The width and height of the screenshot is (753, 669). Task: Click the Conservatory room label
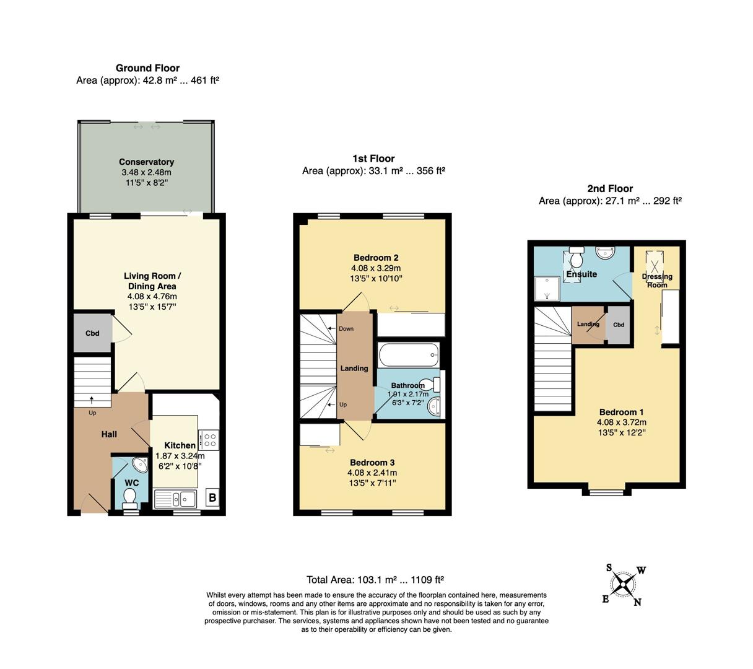coord(146,162)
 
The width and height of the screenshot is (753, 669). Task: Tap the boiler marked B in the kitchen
coord(212,497)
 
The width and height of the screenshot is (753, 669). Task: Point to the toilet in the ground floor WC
coord(130,496)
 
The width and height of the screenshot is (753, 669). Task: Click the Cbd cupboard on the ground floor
coord(92,333)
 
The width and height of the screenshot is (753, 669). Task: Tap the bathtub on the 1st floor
coord(407,356)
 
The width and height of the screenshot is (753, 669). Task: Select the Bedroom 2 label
coord(375,258)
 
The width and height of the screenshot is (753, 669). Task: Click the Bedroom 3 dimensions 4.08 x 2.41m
coord(372,473)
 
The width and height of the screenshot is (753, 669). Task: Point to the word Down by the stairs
coord(346,328)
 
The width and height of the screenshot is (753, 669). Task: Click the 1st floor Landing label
coord(354,368)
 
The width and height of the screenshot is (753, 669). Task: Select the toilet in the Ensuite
coord(577,255)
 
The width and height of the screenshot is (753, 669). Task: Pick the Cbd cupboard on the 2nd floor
coord(618,325)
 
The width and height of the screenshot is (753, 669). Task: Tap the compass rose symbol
coord(624,584)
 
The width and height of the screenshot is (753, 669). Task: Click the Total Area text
coord(375,580)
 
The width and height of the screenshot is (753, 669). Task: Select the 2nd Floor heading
coord(610,188)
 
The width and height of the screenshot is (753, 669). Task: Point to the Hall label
coord(109,434)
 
